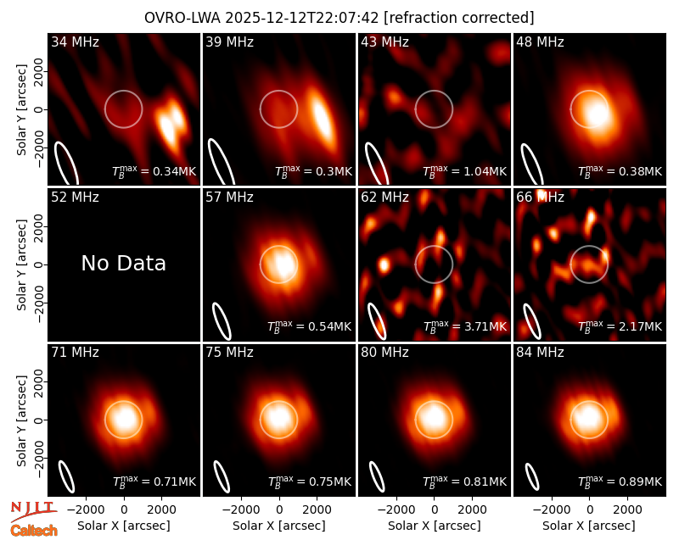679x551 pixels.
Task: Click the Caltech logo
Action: click(x=34, y=531)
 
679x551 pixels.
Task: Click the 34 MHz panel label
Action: click(x=75, y=42)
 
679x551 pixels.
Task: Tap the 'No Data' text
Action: click(x=123, y=263)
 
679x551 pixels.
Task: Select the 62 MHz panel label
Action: click(x=385, y=198)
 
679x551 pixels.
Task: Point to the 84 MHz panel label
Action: click(x=540, y=353)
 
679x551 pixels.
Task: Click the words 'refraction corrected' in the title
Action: click(x=459, y=18)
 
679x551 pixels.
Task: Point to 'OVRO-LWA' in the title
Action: click(x=182, y=18)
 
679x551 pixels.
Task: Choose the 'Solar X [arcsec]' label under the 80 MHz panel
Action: click(x=434, y=526)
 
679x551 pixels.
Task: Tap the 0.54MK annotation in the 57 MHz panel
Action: click(x=330, y=326)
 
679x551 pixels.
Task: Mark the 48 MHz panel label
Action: click(x=540, y=42)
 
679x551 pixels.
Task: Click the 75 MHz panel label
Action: click(x=229, y=353)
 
